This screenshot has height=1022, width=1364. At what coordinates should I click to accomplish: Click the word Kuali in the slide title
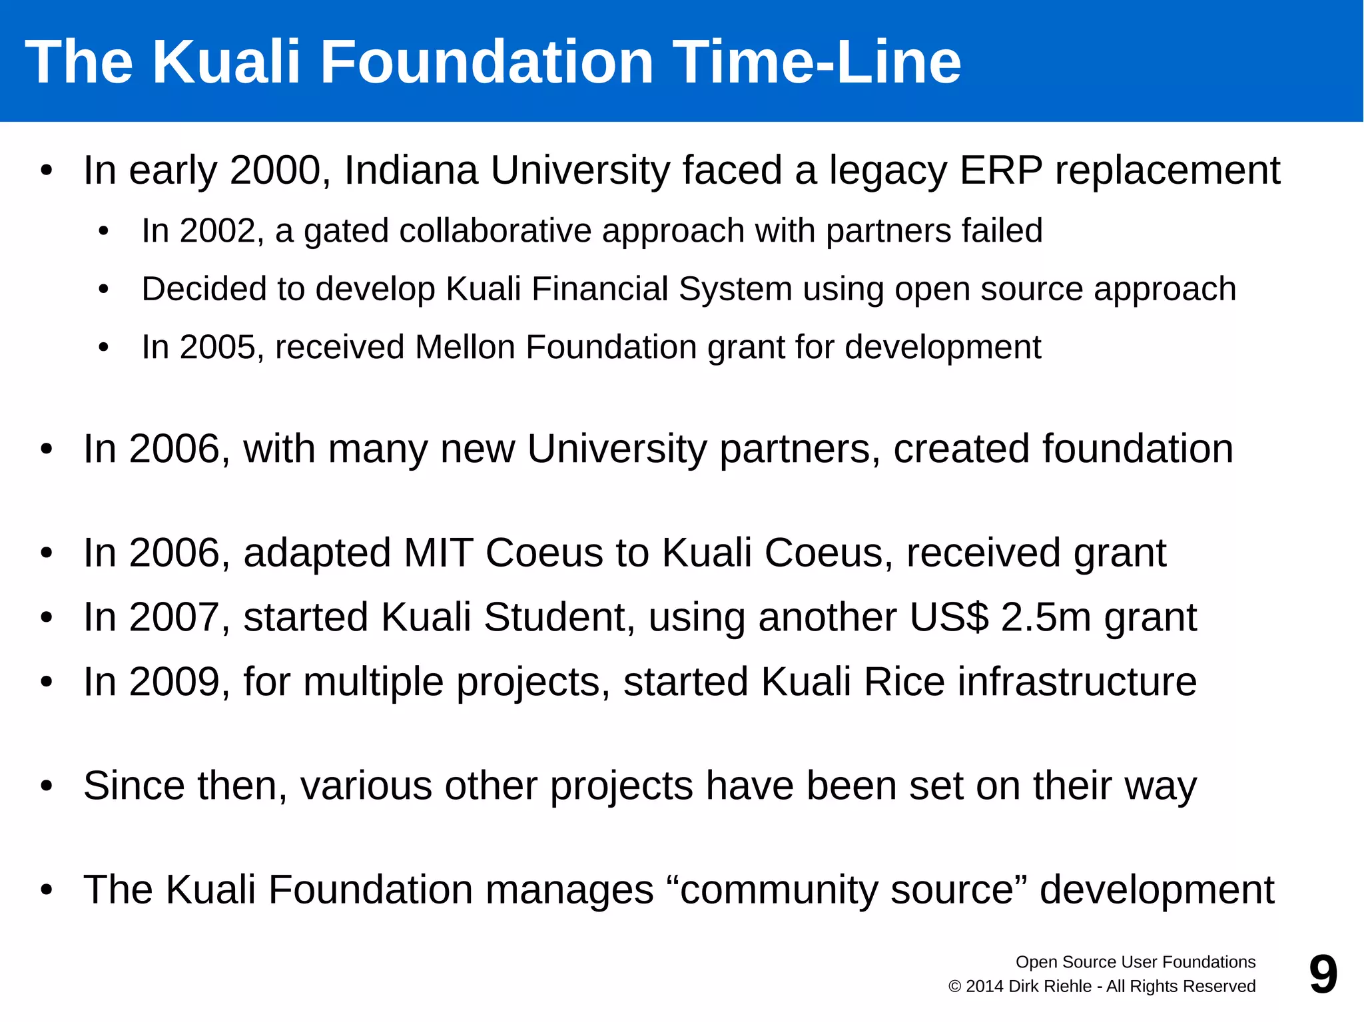226,62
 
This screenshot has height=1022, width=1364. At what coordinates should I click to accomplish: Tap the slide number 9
1323,975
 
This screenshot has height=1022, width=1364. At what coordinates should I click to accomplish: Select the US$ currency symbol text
949,617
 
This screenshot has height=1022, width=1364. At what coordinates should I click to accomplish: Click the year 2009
174,682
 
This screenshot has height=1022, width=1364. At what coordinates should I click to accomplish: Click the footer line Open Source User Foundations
1135,962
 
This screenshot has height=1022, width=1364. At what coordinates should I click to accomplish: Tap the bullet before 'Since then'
46,786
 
